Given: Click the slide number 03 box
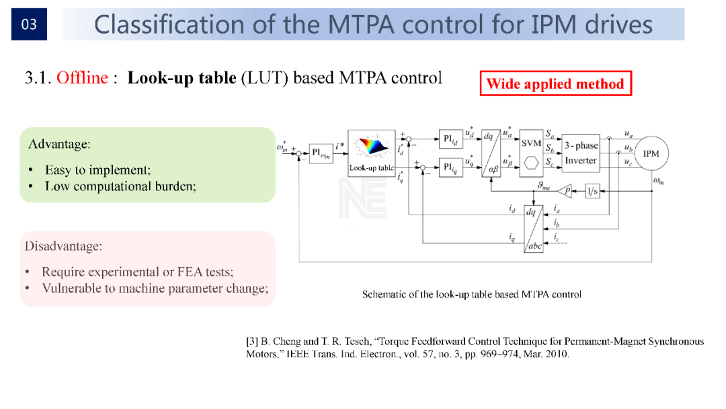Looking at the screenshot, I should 29,25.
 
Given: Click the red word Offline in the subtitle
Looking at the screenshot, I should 82,78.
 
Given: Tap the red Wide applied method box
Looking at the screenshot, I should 555,84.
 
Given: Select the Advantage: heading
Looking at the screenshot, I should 59,144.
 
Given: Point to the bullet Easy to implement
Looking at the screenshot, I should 97,170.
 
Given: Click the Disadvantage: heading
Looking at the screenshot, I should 63,246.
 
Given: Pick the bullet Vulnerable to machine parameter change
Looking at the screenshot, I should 155,289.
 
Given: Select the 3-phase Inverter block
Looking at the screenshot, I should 580,153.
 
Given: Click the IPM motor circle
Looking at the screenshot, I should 650,154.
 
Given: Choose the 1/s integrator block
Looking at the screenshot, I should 592,191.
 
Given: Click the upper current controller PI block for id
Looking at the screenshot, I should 450,140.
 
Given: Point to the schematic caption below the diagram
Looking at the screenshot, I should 471,295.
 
